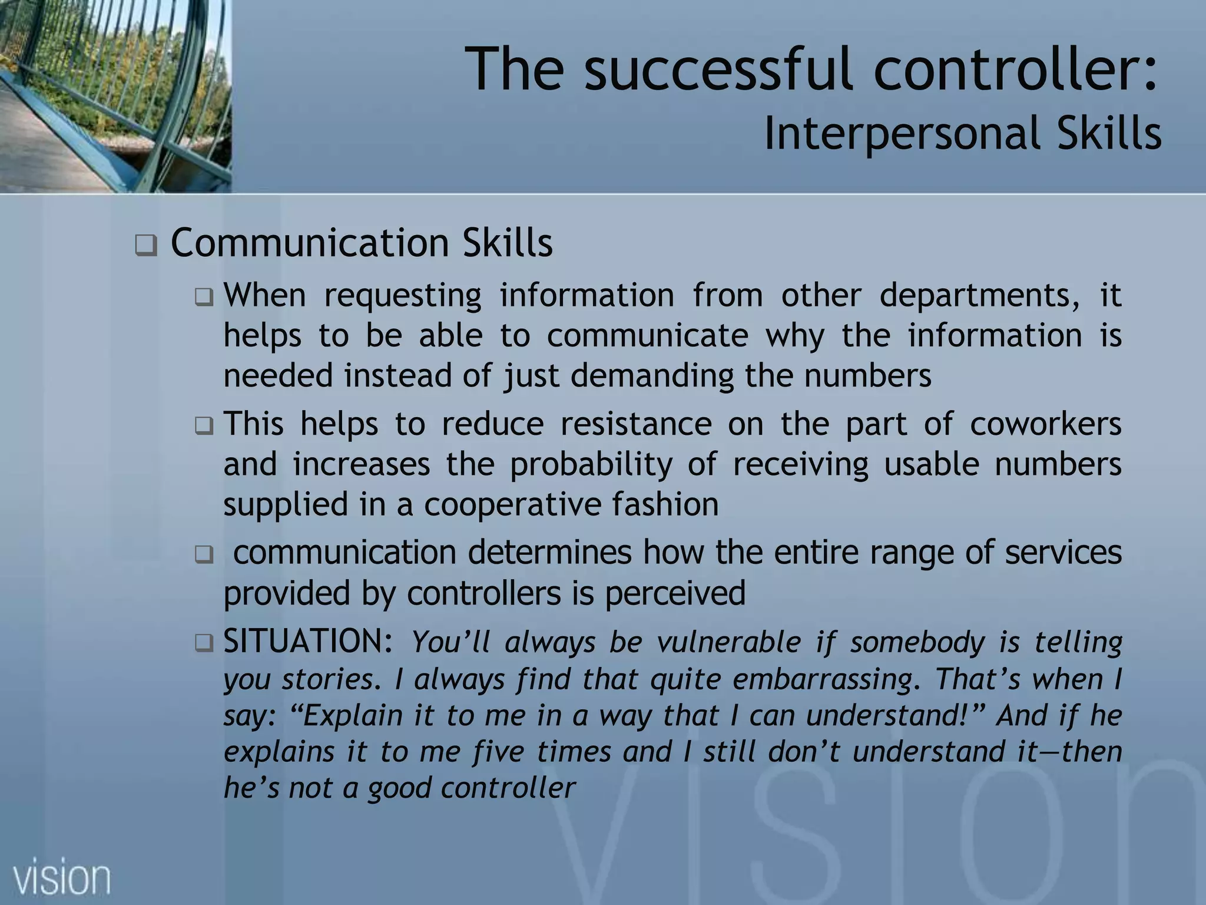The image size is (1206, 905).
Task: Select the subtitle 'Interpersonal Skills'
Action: (x=962, y=134)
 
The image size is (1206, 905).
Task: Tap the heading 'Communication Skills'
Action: (x=361, y=243)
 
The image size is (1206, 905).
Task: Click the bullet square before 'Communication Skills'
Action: (x=145, y=245)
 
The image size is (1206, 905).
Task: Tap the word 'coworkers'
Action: (x=1045, y=424)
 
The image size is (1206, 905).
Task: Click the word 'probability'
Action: (x=591, y=464)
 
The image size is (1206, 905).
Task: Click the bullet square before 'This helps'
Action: (x=204, y=425)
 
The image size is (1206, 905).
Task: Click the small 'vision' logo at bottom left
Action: (x=62, y=878)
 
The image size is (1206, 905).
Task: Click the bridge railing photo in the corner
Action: (x=115, y=95)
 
